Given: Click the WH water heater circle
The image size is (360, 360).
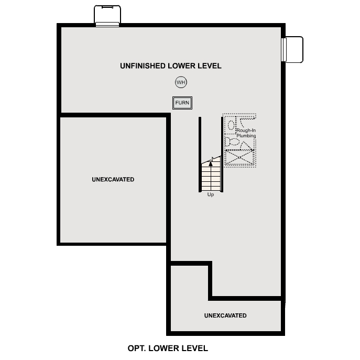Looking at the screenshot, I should click(x=181, y=82).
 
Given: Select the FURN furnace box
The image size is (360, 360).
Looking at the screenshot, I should click(x=182, y=103).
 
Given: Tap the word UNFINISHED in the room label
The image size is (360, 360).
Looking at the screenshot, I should click(x=143, y=66).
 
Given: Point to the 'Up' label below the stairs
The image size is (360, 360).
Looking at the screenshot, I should click(x=211, y=195).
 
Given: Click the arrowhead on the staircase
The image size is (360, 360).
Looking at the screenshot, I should click(x=211, y=163).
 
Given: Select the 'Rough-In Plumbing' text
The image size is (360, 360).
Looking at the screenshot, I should click(x=246, y=133).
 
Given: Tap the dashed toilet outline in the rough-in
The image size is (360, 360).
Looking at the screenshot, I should click(x=231, y=124).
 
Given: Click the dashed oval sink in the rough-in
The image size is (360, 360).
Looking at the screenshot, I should click(x=231, y=142).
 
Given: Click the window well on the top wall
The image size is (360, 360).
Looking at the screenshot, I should click(x=107, y=15).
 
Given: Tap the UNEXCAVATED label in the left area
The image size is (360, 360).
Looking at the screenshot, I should click(x=113, y=180).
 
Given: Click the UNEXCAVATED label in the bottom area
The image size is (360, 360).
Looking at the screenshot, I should click(x=225, y=315).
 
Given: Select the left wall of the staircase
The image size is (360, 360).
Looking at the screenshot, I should click(x=200, y=155).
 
